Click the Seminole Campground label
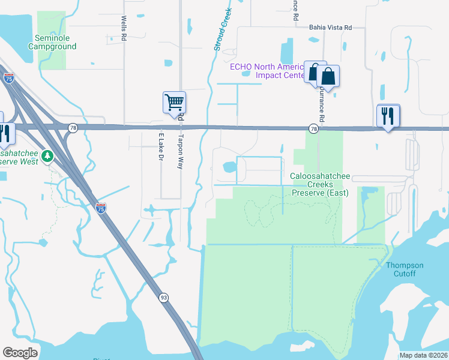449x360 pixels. pyautogui.click(x=52, y=41)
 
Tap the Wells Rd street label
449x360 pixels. pyautogui.click(x=124, y=28)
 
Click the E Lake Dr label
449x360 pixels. pyautogui.click(x=161, y=149)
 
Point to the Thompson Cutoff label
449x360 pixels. pyautogui.click(x=405, y=269)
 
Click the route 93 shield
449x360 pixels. pyautogui.click(x=163, y=298)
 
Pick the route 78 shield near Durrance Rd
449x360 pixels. pyautogui.click(x=313, y=128)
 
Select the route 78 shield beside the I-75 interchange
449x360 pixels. pyautogui.click(x=73, y=128)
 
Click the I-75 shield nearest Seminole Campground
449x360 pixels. pyautogui.click(x=9, y=78)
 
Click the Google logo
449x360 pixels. pyautogui.click(x=20, y=352)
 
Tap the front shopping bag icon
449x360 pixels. pyautogui.click(x=328, y=76)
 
